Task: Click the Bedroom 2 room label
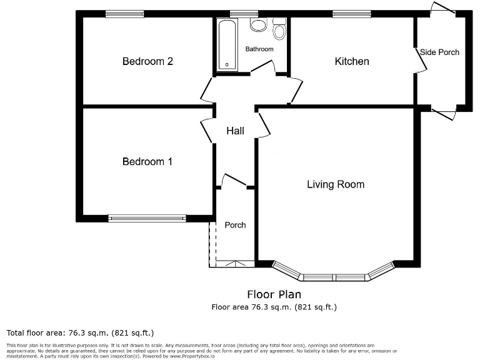pos(147,61)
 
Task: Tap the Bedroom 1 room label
pos(147,162)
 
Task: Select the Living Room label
pos(336,184)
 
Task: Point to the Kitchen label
pos(352,61)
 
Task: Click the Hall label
pos(235,131)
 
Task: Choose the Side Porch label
pos(439,52)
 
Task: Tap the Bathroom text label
pos(259,49)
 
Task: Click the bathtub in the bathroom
pos(226,44)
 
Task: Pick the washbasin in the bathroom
pos(257,25)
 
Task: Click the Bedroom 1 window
pos(147,218)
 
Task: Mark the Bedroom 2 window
pos(124,14)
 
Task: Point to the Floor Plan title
pos(274,294)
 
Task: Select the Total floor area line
pos(80,332)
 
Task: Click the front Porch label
pos(235,225)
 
